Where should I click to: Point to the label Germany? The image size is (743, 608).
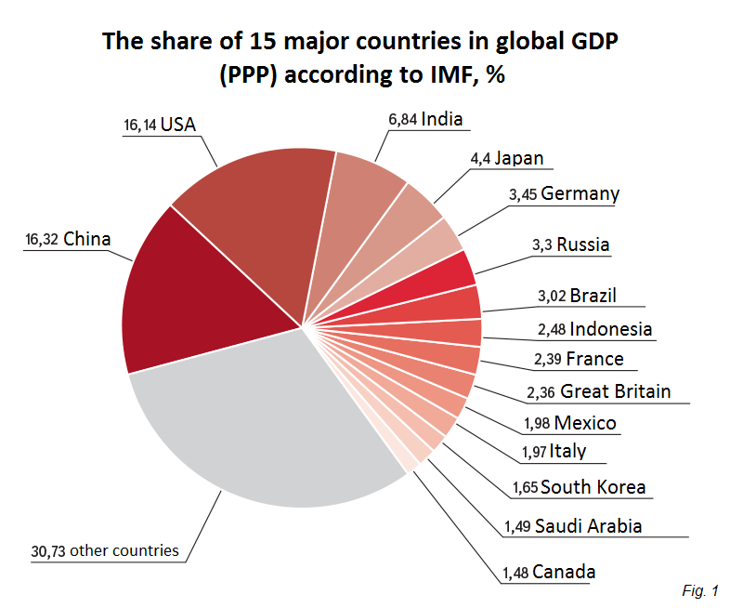click(580, 194)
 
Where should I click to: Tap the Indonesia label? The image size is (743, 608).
click(610, 329)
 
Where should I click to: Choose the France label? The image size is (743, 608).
click(594, 359)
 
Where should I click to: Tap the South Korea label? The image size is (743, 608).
click(593, 487)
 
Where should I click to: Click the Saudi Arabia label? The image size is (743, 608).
click(588, 525)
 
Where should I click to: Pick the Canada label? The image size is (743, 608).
click(564, 572)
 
